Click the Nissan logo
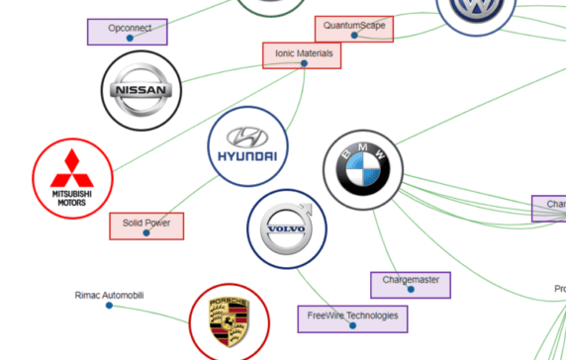pyautogui.click(x=142, y=91)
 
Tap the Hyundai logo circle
pyautogui.click(x=247, y=146)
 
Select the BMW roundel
pyautogui.click(x=364, y=169)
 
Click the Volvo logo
pyautogui.click(x=286, y=229)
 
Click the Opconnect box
pyautogui.click(x=128, y=31)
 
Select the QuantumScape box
pyautogui.click(x=354, y=29)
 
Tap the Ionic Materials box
pyautogui.click(x=302, y=55)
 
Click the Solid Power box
pyautogui.click(x=146, y=225)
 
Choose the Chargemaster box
pyautogui.click(x=411, y=285)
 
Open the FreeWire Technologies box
pyautogui.click(x=352, y=318)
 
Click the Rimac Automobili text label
pyautogui.click(x=109, y=295)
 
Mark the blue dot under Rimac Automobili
pyautogui.click(x=109, y=306)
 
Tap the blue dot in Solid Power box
pyautogui.click(x=146, y=233)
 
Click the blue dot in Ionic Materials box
pyautogui.click(x=304, y=63)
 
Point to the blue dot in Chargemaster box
pyautogui.click(x=411, y=292)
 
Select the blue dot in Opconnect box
pyautogui.click(x=129, y=38)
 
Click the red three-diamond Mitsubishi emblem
pyautogui.click(x=71, y=169)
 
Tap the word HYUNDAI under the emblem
pyautogui.click(x=247, y=157)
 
